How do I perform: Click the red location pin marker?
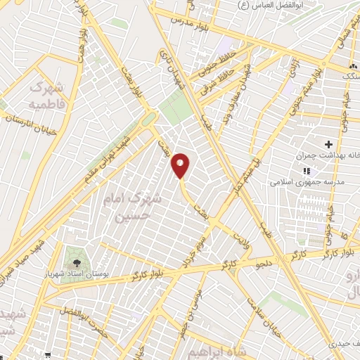click(181, 165)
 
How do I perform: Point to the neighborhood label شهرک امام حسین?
click(136, 207)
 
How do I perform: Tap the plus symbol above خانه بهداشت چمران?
click(328, 143)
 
